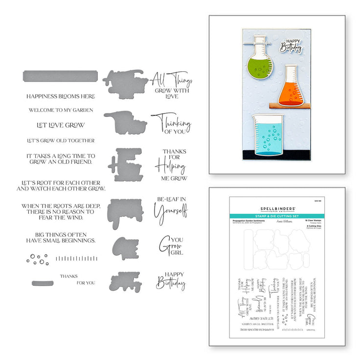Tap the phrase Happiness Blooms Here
[x=61, y=96]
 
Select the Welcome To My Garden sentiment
[x=61, y=110]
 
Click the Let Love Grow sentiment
[x=61, y=125]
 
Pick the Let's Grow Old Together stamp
[x=61, y=141]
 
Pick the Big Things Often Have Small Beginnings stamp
[x=61, y=237]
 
